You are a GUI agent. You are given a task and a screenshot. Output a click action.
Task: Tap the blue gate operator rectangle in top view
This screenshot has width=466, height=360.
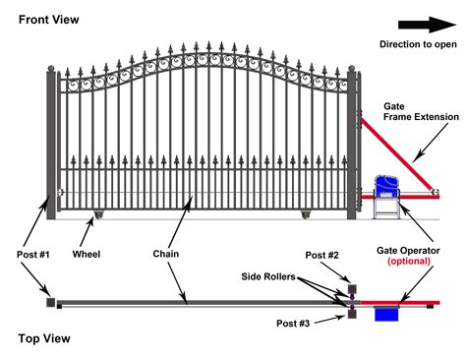point(385,315)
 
